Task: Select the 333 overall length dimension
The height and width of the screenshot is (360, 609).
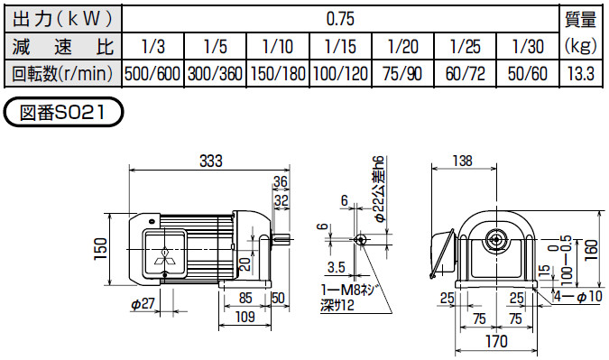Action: click(209, 162)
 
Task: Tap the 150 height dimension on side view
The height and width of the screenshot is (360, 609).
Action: click(101, 246)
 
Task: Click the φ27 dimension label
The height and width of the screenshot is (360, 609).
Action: click(143, 305)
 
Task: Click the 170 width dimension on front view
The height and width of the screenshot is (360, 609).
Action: click(496, 342)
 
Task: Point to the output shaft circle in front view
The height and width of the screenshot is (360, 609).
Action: click(494, 239)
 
